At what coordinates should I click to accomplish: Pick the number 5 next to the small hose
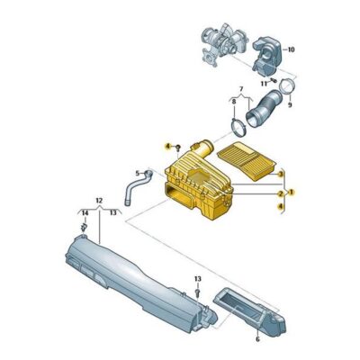pyautogui.click(x=138, y=173)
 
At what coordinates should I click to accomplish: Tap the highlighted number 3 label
pyautogui.click(x=281, y=173)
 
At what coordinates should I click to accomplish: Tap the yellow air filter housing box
pyautogui.click(x=198, y=189)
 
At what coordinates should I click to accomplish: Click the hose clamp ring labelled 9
pyautogui.click(x=286, y=87)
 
